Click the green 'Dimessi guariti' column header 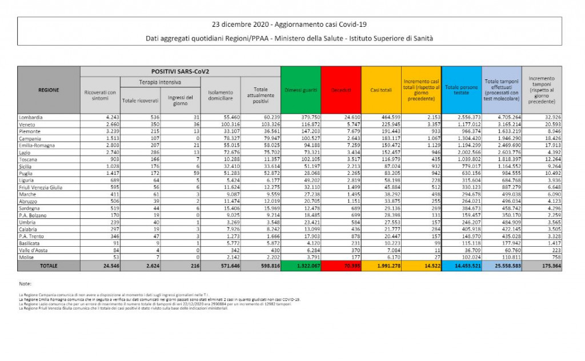300,90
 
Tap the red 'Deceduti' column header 341,90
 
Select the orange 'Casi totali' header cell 381,90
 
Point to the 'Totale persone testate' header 462,90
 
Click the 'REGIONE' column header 49,90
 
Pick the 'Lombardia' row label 31,117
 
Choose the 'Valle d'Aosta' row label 33,251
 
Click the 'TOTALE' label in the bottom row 49,266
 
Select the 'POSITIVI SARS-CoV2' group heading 180,71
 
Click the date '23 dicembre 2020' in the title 240,25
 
